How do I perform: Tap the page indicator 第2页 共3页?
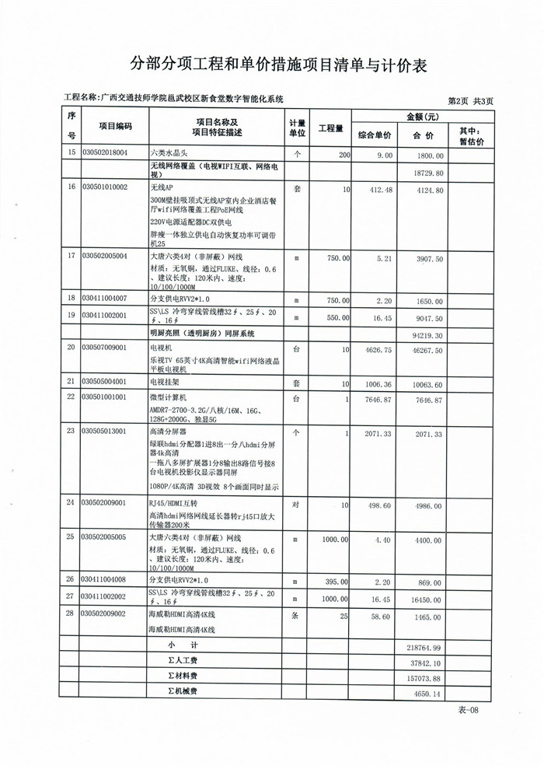471,100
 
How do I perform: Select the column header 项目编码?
115,127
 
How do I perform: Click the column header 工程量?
330,128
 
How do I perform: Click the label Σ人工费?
183,661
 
